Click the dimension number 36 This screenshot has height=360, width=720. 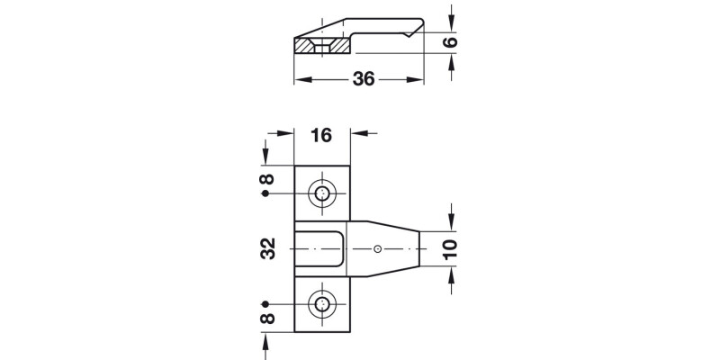click(364, 79)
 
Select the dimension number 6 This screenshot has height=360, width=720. click(451, 42)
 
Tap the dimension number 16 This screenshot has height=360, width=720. click(321, 136)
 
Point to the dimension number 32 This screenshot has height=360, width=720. click(267, 248)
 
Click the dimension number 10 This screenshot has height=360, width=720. click(451, 249)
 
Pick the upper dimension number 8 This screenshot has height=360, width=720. click(266, 179)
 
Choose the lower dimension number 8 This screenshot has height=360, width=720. click(266, 319)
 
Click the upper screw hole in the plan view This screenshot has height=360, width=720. click(322, 193)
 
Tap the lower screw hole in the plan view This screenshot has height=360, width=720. click(322, 304)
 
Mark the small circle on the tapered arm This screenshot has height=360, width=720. click(377, 249)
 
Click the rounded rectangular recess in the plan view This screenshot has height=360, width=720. click(319, 249)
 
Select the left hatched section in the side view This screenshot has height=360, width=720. click(303, 46)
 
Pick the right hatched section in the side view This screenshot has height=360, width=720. click(341, 46)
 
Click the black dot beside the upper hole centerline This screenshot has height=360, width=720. click(265, 193)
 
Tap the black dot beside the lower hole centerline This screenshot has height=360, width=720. click(265, 304)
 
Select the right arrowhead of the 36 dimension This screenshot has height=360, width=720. click(415, 80)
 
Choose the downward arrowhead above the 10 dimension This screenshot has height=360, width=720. click(452, 223)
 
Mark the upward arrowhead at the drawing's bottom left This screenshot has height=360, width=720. click(265, 340)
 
